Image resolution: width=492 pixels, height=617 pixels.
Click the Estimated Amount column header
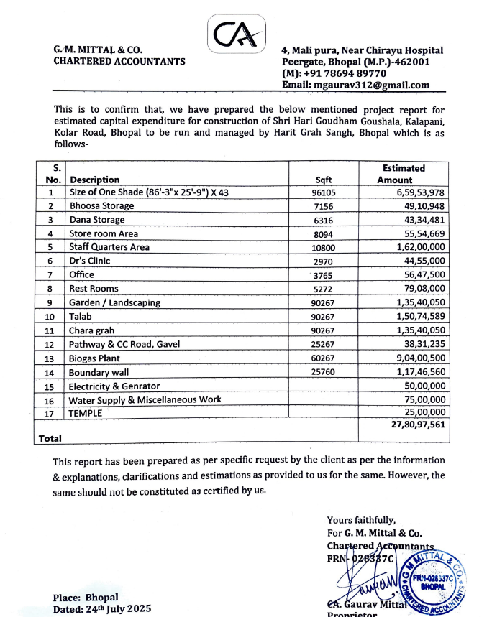coord(403,174)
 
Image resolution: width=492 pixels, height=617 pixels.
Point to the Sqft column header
coord(324,180)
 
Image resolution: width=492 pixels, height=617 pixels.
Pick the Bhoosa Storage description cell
coord(101,206)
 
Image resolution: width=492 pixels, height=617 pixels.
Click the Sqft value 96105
coord(324,192)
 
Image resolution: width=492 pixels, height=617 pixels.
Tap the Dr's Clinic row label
coord(90,261)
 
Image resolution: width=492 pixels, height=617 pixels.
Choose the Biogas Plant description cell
coord(94,358)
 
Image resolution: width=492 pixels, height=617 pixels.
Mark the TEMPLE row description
coord(86,413)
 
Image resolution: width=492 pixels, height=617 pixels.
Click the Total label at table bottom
coord(50,438)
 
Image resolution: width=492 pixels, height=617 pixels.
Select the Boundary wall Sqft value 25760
coord(324,372)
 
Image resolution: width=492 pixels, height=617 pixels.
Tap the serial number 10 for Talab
coord(50,317)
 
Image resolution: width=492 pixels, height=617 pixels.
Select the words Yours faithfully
coord(360,520)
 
